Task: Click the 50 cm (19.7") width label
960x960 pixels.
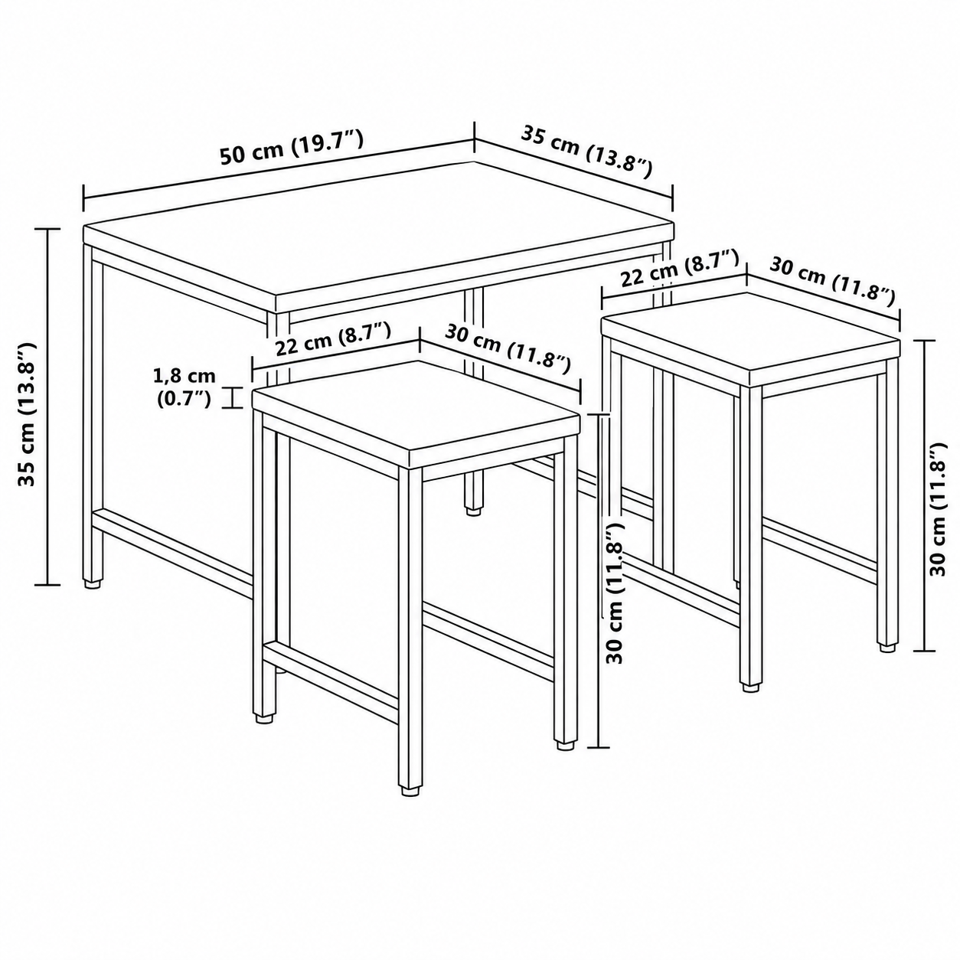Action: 292,148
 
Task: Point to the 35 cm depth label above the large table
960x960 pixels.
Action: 586,152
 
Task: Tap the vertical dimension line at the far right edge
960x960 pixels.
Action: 925,495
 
